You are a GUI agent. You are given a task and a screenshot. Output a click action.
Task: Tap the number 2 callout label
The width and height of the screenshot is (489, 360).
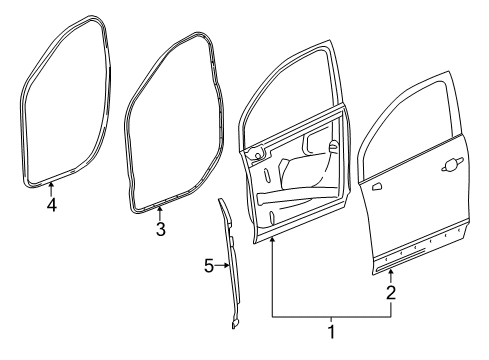click(391, 292)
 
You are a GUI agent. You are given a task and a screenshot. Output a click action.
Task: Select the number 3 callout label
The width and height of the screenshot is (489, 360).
click(160, 230)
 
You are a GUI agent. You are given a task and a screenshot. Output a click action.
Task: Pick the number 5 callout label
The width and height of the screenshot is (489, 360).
click(209, 266)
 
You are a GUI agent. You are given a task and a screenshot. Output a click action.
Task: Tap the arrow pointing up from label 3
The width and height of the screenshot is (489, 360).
click(160, 212)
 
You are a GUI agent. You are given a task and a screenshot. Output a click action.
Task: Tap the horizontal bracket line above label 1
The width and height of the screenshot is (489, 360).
click(331, 315)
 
